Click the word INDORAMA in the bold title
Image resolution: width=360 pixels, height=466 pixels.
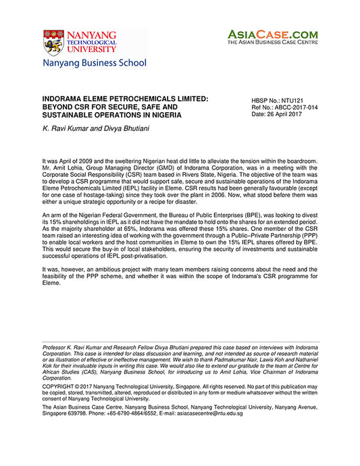pyautogui.click(x=66, y=99)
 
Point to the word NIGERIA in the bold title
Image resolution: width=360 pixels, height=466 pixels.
pyautogui.click(x=162, y=115)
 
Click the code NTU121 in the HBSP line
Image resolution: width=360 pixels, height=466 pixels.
pyautogui.click(x=297, y=100)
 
